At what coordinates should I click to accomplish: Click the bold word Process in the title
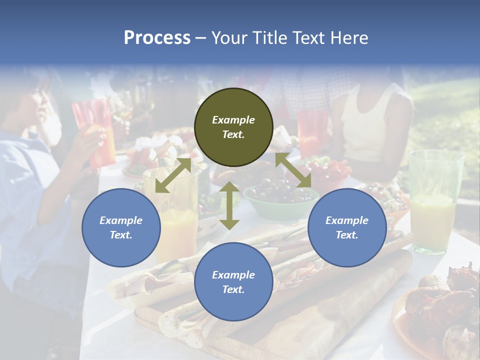(157, 38)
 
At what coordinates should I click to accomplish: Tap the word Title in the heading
(269, 38)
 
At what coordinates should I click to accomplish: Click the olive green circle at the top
(233, 127)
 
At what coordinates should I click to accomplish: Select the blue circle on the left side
(121, 227)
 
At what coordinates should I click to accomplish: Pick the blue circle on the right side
(347, 227)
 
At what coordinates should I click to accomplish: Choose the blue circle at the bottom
(233, 282)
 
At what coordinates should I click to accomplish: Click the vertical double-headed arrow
(229, 205)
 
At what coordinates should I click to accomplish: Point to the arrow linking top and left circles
(173, 175)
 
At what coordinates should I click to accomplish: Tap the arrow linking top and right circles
(293, 170)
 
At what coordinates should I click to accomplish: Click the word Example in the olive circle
(233, 120)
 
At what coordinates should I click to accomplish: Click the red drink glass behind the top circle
(312, 132)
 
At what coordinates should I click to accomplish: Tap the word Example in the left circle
(121, 220)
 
